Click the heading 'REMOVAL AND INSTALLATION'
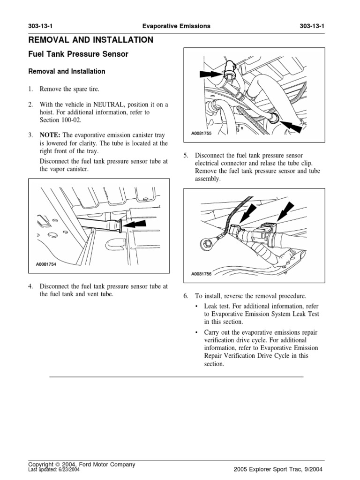click(x=91, y=40)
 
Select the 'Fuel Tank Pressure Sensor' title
click(x=78, y=54)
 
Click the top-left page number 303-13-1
click(x=42, y=26)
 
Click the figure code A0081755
click(x=202, y=134)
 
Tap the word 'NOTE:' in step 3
click(x=50, y=135)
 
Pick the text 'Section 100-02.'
click(x=60, y=121)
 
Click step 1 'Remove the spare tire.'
click(x=70, y=89)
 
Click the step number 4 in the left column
click(x=30, y=286)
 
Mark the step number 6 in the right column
click(x=185, y=296)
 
